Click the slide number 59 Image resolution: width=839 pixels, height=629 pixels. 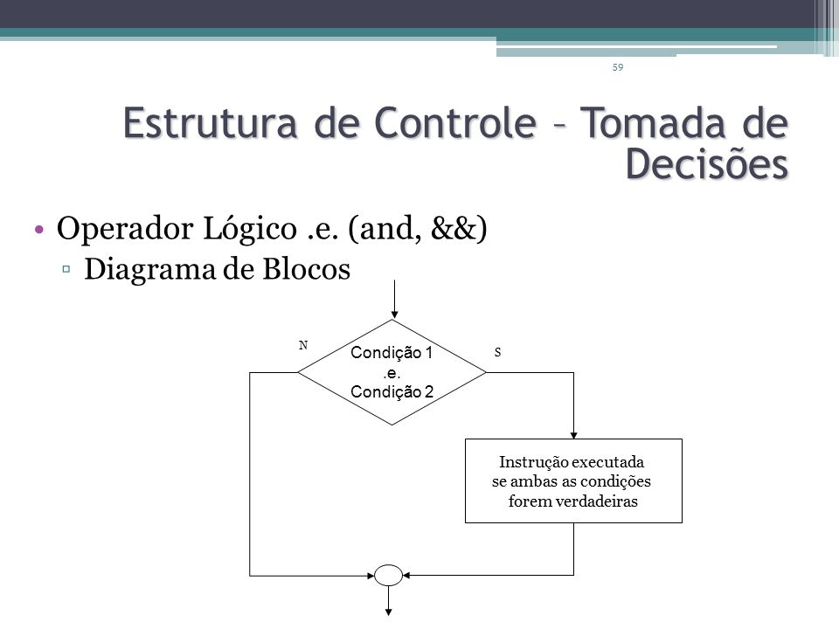[x=618, y=67]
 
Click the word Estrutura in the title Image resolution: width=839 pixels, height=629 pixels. [x=211, y=123]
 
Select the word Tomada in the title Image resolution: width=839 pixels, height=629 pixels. [x=654, y=123]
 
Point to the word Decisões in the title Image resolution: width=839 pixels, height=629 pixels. [x=707, y=162]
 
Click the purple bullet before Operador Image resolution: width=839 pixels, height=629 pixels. [x=38, y=230]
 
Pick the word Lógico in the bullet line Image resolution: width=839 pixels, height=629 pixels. [x=249, y=229]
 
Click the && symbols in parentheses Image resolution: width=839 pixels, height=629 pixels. [x=453, y=228]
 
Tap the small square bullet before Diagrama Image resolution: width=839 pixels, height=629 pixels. [x=66, y=269]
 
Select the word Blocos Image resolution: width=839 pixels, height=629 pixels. [x=306, y=268]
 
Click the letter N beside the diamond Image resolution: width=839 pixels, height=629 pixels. [x=303, y=346]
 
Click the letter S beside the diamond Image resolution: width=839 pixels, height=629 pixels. [x=497, y=352]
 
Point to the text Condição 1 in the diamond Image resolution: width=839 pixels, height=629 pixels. [x=392, y=352]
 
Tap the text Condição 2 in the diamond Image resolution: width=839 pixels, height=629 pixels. [x=392, y=391]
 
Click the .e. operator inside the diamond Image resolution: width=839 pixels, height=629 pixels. [x=392, y=373]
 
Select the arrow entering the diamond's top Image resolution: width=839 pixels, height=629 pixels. [x=394, y=300]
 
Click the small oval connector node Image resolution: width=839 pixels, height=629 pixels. [x=388, y=576]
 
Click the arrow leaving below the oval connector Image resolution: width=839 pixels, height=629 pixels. [x=388, y=601]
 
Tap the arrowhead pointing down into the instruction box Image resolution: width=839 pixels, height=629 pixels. [x=573, y=435]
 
